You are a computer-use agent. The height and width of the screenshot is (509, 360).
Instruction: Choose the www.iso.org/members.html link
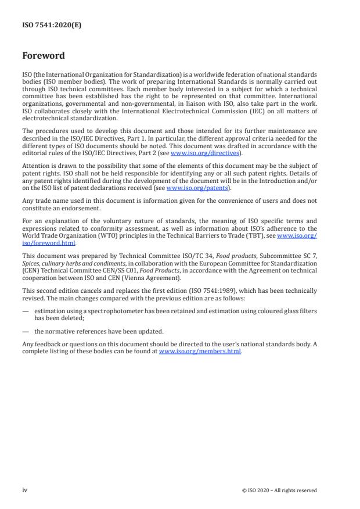pos(200,352)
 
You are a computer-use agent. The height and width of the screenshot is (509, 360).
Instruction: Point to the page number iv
pos(24,490)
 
